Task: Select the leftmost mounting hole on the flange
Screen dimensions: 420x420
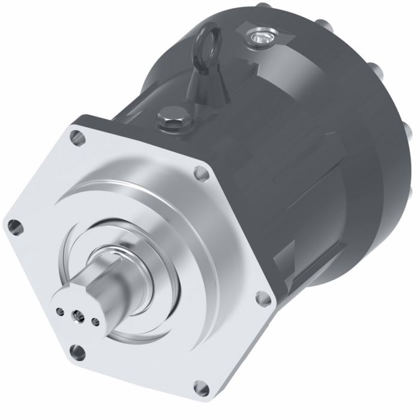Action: click(x=13, y=227)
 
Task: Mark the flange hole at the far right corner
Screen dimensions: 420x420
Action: click(x=261, y=297)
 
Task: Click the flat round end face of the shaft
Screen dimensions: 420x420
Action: click(x=74, y=312)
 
